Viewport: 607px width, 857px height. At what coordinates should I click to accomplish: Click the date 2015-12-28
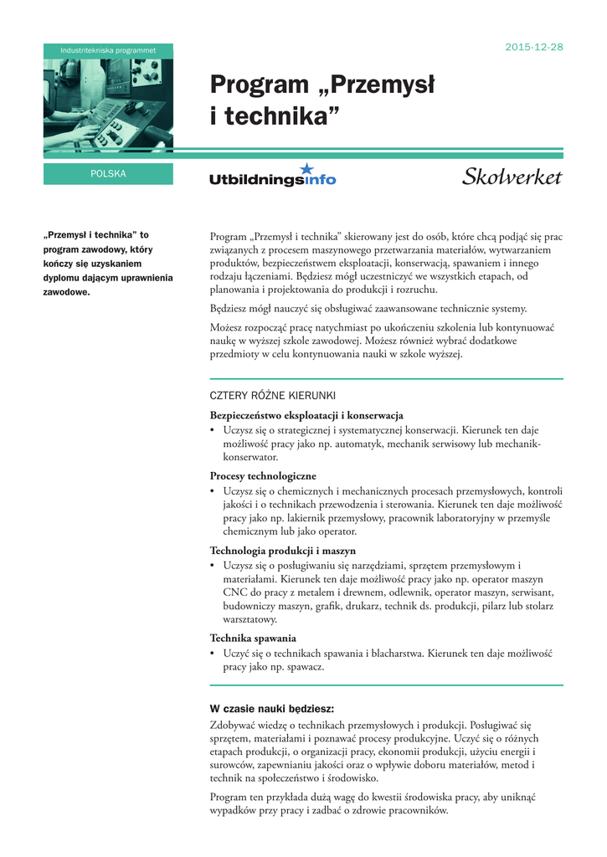(534, 47)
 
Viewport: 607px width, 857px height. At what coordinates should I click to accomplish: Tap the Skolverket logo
(512, 177)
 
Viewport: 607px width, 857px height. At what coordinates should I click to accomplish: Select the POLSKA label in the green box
(108, 174)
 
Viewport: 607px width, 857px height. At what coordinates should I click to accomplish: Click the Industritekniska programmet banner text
(108, 51)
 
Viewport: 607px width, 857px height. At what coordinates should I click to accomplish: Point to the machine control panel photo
(108, 105)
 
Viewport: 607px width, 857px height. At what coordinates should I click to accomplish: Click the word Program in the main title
(260, 85)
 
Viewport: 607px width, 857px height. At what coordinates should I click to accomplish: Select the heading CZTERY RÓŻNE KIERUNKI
(272, 396)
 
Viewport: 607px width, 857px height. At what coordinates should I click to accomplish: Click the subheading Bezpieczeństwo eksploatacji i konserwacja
(306, 415)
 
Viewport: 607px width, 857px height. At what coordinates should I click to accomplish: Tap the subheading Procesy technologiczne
(263, 475)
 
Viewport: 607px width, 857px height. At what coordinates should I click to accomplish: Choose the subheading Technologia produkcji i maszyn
(282, 551)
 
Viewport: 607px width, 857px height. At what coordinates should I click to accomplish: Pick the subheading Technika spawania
(253, 638)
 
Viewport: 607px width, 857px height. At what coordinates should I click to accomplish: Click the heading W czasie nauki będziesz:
(271, 708)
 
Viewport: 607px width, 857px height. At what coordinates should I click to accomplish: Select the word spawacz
(306, 668)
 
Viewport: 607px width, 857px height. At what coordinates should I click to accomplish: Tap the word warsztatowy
(249, 620)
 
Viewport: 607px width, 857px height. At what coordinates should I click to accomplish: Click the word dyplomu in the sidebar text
(60, 277)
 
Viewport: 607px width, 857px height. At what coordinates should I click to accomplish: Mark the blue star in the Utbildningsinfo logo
(306, 167)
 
